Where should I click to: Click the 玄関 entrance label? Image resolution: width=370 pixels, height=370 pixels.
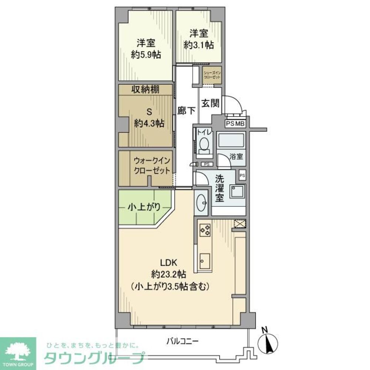210,103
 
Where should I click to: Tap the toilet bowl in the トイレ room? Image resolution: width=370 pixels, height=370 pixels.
203,143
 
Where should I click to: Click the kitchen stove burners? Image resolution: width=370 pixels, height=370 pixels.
205,230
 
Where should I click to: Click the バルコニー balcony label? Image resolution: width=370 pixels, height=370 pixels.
182,341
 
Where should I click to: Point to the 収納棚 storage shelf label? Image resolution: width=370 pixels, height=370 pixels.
145,90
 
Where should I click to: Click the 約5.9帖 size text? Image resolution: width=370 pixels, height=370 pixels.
145,55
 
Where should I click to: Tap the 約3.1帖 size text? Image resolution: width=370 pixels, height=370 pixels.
199,45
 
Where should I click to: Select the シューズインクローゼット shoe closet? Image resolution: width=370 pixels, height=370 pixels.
212,75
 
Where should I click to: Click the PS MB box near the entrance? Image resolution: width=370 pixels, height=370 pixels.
235,124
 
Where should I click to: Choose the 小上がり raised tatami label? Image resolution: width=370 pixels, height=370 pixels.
144,207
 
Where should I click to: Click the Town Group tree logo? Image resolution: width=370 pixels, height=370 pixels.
17,352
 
